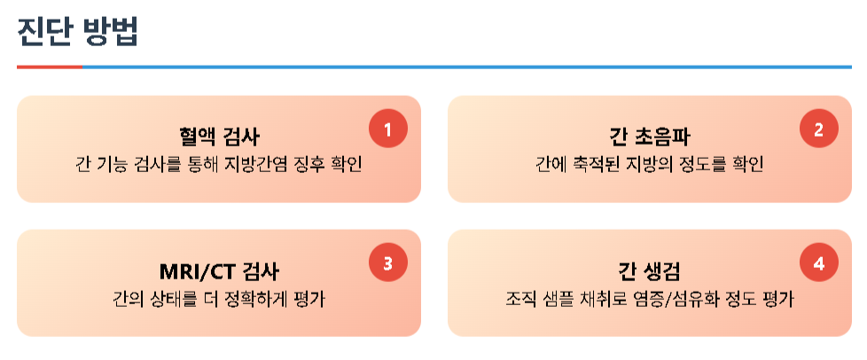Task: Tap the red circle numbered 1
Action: (x=387, y=129)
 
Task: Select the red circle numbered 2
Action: (x=818, y=129)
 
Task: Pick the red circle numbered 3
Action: (x=387, y=263)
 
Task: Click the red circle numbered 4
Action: (x=818, y=263)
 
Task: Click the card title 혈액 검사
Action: (x=219, y=137)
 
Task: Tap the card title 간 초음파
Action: (x=650, y=137)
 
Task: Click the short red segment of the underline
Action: (x=50, y=67)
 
